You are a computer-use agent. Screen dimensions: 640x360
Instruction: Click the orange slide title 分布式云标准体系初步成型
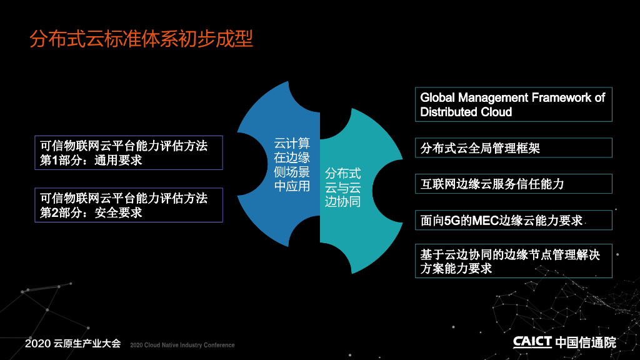[x=141, y=39]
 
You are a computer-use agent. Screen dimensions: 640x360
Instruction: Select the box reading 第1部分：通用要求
[x=129, y=152]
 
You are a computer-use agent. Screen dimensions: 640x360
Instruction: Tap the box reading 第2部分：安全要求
[x=129, y=205]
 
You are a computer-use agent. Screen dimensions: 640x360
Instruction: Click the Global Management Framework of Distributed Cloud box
[x=513, y=104]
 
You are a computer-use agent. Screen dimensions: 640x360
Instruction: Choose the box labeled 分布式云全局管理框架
[x=513, y=148]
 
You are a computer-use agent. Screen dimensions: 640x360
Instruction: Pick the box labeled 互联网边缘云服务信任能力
[x=513, y=184]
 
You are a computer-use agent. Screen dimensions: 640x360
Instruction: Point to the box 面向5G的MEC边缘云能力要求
[x=513, y=220]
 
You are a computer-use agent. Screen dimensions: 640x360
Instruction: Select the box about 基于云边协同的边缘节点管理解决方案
[x=513, y=261]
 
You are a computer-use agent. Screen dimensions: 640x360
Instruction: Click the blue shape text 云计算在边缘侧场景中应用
[x=292, y=164]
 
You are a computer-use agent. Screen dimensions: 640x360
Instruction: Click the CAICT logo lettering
[x=532, y=342]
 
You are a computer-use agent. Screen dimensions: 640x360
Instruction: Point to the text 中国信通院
[x=586, y=342]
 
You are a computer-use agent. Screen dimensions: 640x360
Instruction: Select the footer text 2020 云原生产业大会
[x=72, y=344]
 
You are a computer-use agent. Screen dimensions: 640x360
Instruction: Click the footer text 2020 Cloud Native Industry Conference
[x=182, y=345]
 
